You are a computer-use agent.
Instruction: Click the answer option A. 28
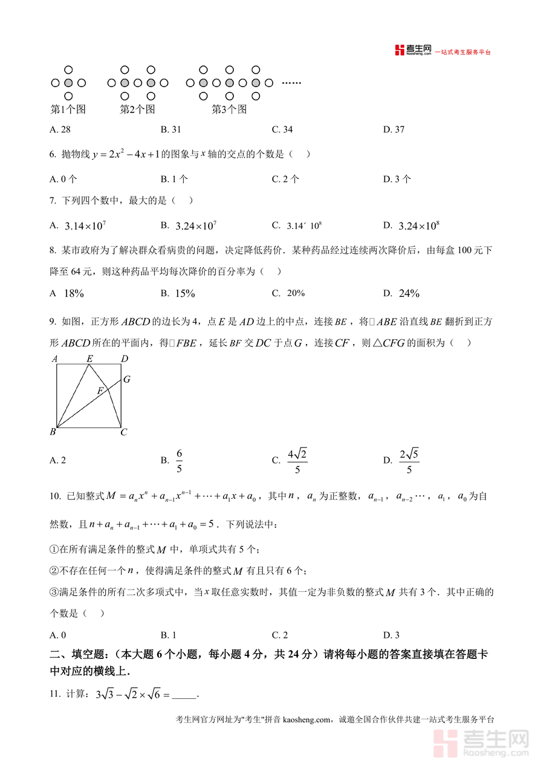(x=60, y=129)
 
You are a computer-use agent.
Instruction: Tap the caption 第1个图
(x=68, y=109)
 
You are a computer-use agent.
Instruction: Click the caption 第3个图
(x=229, y=109)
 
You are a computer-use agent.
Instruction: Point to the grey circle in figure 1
(x=68, y=83)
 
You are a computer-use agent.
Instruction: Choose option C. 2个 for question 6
(x=285, y=179)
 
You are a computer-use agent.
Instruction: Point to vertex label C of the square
(x=123, y=432)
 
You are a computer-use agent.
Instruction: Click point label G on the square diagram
(x=126, y=380)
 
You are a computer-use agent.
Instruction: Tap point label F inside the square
(x=100, y=391)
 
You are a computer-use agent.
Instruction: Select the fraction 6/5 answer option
(x=180, y=461)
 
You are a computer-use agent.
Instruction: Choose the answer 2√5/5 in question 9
(x=409, y=461)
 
